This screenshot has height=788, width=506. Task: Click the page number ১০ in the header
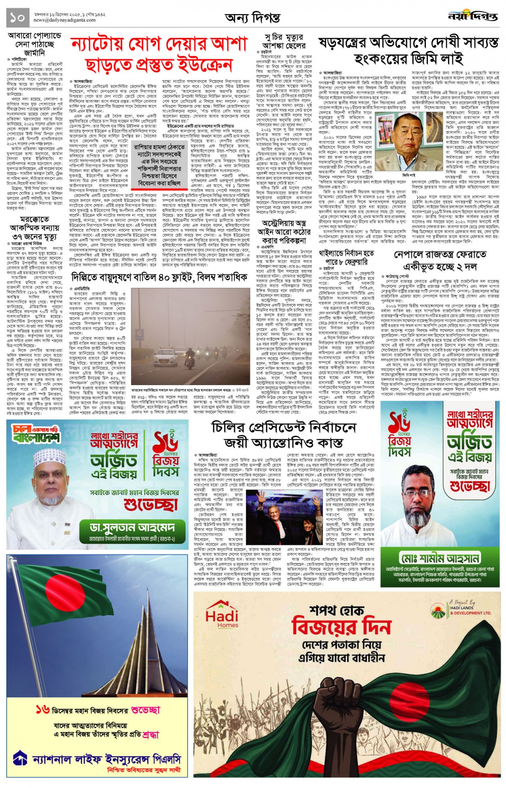(18, 17)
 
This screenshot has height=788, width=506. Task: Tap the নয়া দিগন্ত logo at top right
(472, 17)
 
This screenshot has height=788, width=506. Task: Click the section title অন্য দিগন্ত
(252, 18)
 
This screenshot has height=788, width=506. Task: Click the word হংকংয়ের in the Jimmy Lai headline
(390, 59)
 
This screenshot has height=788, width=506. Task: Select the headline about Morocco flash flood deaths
(34, 228)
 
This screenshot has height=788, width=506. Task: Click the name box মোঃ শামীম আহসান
(440, 559)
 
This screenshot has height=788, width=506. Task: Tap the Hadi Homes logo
(222, 614)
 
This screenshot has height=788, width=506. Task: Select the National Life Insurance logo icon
(20, 758)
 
